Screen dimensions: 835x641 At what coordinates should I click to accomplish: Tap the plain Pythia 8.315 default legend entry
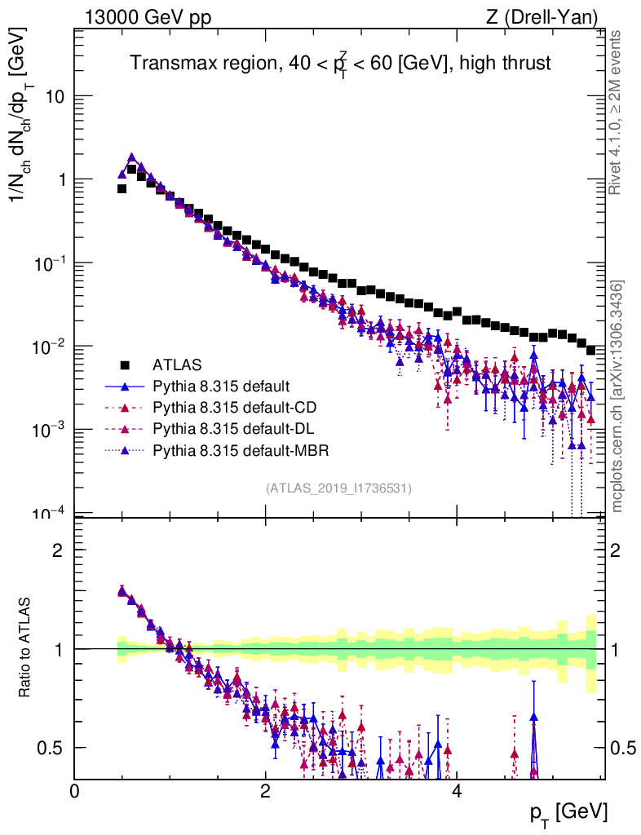point(216,386)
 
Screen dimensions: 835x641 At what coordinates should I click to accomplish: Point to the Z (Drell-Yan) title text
point(539,16)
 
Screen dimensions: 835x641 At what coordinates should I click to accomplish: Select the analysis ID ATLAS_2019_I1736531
point(338,488)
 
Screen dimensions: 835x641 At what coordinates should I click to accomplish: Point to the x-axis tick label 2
point(265,792)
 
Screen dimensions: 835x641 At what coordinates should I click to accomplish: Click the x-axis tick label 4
point(456,792)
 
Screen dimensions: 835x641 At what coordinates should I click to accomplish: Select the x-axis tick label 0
point(75,792)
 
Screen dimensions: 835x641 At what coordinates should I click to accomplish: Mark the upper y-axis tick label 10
point(55,96)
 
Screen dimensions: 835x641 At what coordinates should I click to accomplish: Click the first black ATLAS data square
point(122,188)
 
